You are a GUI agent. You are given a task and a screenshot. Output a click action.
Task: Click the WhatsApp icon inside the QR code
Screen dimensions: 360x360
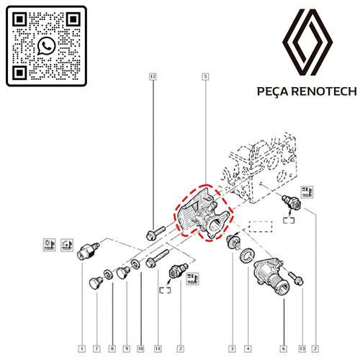click(x=47, y=46)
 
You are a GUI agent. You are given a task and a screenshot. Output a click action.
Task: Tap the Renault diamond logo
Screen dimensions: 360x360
click(x=307, y=42)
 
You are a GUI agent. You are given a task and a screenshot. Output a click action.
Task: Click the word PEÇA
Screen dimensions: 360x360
click(x=274, y=91)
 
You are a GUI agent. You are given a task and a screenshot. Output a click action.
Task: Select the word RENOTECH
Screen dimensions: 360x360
click(x=325, y=91)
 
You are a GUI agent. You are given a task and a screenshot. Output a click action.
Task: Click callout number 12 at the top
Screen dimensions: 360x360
click(x=153, y=76)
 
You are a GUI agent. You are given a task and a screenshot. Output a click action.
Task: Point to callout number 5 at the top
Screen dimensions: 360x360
click(x=205, y=76)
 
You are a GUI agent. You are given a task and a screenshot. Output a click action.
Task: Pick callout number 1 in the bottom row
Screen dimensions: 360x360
click(x=82, y=348)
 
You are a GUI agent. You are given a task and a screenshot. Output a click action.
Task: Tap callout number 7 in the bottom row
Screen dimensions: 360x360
click(x=96, y=348)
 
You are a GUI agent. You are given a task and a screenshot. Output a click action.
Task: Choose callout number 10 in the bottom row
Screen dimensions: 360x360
click(x=141, y=348)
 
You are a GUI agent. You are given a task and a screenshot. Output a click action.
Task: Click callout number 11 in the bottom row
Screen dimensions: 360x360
click(x=158, y=348)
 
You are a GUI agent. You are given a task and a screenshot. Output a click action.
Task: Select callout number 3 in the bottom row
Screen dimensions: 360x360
click(x=232, y=348)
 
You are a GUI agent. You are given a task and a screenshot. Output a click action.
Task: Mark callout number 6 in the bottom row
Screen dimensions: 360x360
click(x=284, y=348)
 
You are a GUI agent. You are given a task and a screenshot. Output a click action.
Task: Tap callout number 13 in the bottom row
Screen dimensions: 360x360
click(x=302, y=348)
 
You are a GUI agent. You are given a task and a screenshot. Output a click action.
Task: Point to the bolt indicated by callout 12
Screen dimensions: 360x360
click(x=155, y=233)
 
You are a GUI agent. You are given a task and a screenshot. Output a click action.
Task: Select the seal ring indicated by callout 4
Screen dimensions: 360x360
click(x=247, y=256)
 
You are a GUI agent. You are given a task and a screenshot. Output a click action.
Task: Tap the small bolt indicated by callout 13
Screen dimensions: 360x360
click(x=296, y=279)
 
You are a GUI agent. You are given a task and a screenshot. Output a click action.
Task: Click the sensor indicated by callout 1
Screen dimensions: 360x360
click(x=88, y=251)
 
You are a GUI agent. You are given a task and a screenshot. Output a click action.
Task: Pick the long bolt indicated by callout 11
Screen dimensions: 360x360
click(x=157, y=258)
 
